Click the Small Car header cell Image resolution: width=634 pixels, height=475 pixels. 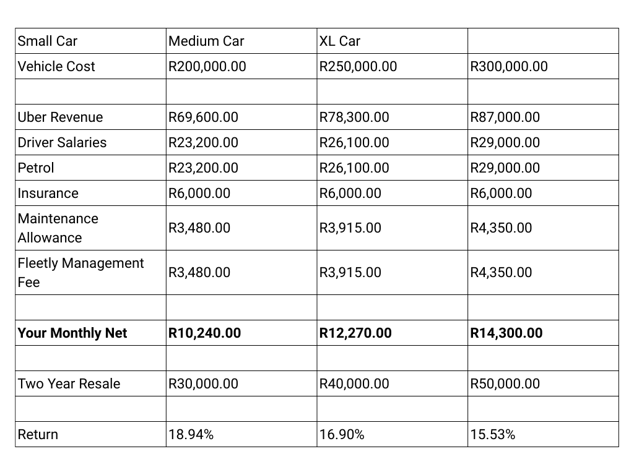[48, 41]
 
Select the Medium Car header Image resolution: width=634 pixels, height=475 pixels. [206, 41]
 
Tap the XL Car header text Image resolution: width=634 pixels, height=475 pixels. [339, 41]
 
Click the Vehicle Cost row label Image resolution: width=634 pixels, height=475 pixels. [56, 67]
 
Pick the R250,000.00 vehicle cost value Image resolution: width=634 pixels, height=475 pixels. [358, 67]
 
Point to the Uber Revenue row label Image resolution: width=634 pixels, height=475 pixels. [60, 118]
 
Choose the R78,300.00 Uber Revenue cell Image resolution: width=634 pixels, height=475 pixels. [354, 118]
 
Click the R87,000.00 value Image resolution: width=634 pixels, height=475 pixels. [505, 118]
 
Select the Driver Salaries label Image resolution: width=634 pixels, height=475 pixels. [62, 143]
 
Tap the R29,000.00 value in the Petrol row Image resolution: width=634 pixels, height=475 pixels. [505, 168]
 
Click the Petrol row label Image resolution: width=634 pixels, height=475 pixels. [36, 168]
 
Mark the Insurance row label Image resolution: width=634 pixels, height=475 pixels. [48, 194]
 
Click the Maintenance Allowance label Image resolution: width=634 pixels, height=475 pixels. [58, 228]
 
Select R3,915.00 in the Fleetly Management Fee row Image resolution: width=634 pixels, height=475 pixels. [350, 273]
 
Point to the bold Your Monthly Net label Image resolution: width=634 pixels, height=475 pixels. [72, 333]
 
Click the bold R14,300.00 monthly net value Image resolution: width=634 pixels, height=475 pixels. [506, 333]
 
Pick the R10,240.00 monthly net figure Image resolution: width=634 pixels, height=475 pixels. [204, 333]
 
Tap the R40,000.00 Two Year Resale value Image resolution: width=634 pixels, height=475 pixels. [354, 384]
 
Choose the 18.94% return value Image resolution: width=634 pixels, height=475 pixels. [191, 435]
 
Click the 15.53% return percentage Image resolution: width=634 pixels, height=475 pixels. [492, 435]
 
